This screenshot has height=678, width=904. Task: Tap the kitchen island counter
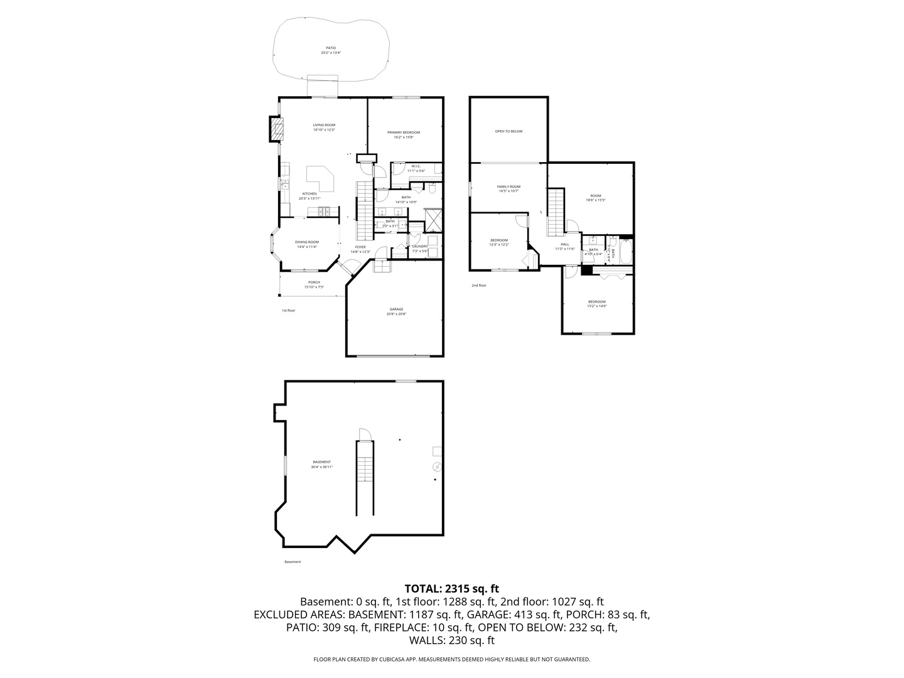point(322,178)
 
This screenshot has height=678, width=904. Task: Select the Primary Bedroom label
point(404,132)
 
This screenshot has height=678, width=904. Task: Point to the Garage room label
point(396,309)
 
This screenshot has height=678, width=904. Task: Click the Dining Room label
point(307,242)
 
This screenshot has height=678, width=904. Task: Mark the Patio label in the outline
point(330,48)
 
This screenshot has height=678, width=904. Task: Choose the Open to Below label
point(508,131)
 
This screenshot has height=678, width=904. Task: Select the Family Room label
point(508,186)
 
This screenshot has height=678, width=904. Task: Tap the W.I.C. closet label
point(416,166)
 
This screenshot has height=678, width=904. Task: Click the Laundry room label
point(420,247)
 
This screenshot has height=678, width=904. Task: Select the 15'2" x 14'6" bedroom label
point(596,302)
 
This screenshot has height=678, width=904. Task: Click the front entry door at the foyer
point(348,268)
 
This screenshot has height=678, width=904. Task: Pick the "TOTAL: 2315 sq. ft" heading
point(451,588)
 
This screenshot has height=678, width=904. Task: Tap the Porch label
point(314,282)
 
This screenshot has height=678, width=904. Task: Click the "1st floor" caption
point(288,310)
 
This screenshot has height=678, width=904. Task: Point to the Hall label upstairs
point(564,244)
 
